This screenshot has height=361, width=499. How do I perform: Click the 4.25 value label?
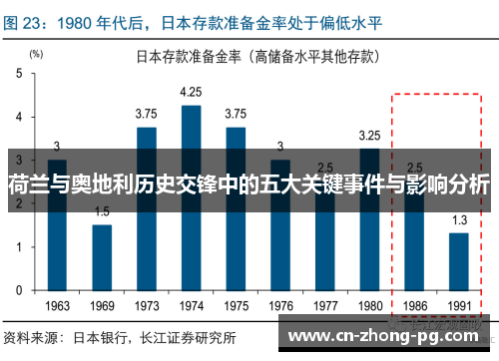[191, 92]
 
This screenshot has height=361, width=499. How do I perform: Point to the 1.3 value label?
[458, 220]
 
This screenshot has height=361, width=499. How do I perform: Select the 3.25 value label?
[369, 135]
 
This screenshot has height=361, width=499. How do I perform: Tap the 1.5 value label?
[102, 210]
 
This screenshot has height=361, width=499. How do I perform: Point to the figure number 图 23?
[25, 15]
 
